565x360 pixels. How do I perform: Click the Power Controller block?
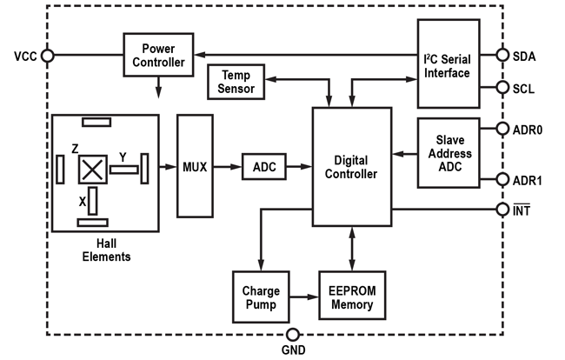coord(159,55)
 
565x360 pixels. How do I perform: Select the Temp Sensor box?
coord(236,83)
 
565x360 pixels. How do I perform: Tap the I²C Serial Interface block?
coord(447,66)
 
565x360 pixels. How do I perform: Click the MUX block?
coord(195,166)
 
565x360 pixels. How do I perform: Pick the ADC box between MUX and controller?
coord(263,167)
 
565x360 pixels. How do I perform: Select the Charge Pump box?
coord(258,297)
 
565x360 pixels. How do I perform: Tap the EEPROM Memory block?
coord(351,297)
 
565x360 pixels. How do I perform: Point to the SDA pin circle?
coord(502,55)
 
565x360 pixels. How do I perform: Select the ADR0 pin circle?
coord(502,129)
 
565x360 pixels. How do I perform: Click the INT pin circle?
coord(502,209)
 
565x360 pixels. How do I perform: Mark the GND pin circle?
coord(292,335)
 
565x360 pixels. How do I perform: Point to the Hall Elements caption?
coord(106,250)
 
